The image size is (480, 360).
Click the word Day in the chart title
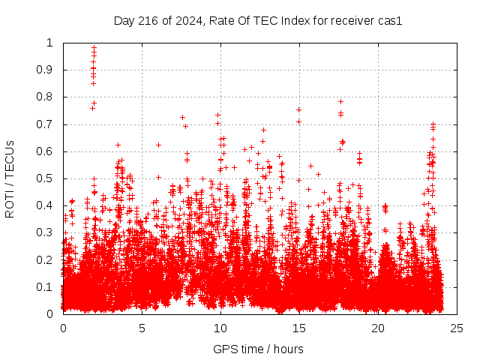click(x=124, y=21)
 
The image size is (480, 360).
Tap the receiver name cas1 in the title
click(x=390, y=21)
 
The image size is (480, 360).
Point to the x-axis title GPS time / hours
click(x=258, y=349)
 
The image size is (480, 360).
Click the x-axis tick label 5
click(x=142, y=328)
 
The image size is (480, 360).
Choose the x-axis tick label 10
click(x=220, y=328)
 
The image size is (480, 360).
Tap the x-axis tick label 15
click(x=299, y=328)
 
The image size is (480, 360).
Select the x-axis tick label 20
click(x=378, y=328)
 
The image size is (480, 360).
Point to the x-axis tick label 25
click(x=457, y=328)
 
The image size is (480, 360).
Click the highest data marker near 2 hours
click(x=94, y=48)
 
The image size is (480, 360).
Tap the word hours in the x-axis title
click(x=288, y=349)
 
